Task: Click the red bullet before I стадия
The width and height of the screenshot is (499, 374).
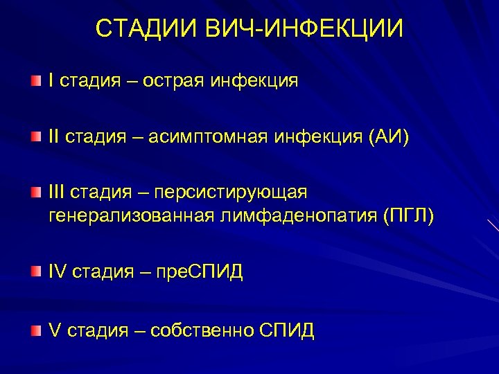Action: (x=35, y=82)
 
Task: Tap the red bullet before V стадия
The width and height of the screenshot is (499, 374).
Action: (x=35, y=331)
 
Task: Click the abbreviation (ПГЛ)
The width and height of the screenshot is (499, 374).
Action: (x=408, y=217)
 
